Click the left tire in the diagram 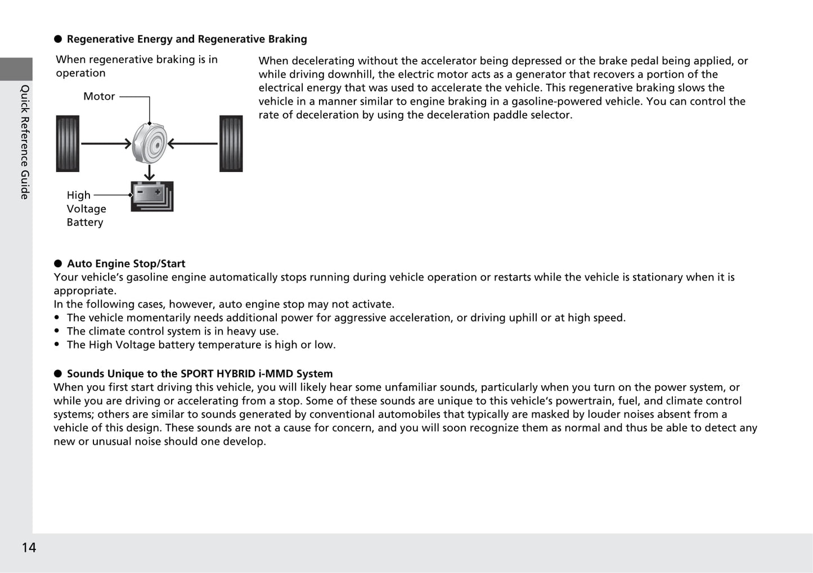pyautogui.click(x=68, y=143)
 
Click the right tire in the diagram pyautogui.click(x=231, y=143)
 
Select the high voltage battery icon pyautogui.click(x=152, y=196)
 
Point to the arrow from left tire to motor pyautogui.click(x=106, y=144)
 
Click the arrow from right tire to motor pyautogui.click(x=192, y=144)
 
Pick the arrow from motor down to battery pyautogui.click(x=150, y=173)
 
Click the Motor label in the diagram pyautogui.click(x=99, y=96)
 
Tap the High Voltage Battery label pyautogui.click(x=86, y=209)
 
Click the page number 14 pyautogui.click(x=29, y=548)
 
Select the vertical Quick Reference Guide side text pyautogui.click(x=25, y=142)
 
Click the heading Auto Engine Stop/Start pyautogui.click(x=126, y=264)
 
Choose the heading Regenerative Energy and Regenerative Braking pyautogui.click(x=187, y=39)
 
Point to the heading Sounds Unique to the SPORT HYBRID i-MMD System pyautogui.click(x=200, y=374)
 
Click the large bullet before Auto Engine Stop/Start pyautogui.click(x=57, y=264)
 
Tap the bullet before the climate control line pyautogui.click(x=57, y=332)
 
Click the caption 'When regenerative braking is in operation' pyautogui.click(x=137, y=66)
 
